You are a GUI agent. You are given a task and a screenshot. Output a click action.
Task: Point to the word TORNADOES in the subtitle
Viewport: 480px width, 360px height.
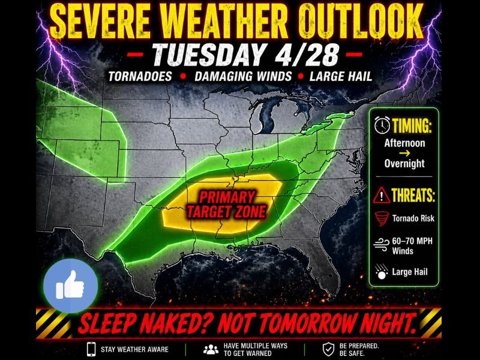pyautogui.click(x=139, y=77)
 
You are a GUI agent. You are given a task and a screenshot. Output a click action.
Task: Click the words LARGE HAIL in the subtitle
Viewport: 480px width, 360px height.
pyautogui.click(x=340, y=77)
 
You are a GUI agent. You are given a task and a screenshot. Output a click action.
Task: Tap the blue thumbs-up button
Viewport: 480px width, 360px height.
pyautogui.click(x=70, y=287)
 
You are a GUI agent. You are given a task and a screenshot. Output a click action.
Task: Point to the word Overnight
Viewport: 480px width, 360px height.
pyautogui.click(x=404, y=163)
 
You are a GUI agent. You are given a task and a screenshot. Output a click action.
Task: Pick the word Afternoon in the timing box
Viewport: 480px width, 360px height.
pyautogui.click(x=404, y=143)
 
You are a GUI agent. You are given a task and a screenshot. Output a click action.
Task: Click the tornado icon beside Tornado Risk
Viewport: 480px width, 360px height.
pyautogui.click(x=382, y=218)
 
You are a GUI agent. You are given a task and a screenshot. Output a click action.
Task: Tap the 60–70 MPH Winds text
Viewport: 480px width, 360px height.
pyautogui.click(x=412, y=246)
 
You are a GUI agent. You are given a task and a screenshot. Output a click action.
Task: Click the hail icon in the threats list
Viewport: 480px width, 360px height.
pyautogui.click(x=382, y=272)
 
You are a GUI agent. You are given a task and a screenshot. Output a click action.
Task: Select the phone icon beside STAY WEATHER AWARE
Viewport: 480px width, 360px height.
pyautogui.click(x=91, y=348)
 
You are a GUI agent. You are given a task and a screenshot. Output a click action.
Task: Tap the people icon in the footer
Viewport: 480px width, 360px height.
pyautogui.click(x=210, y=348)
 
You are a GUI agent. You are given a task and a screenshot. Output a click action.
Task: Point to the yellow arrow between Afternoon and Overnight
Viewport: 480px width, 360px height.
pyautogui.click(x=404, y=154)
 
